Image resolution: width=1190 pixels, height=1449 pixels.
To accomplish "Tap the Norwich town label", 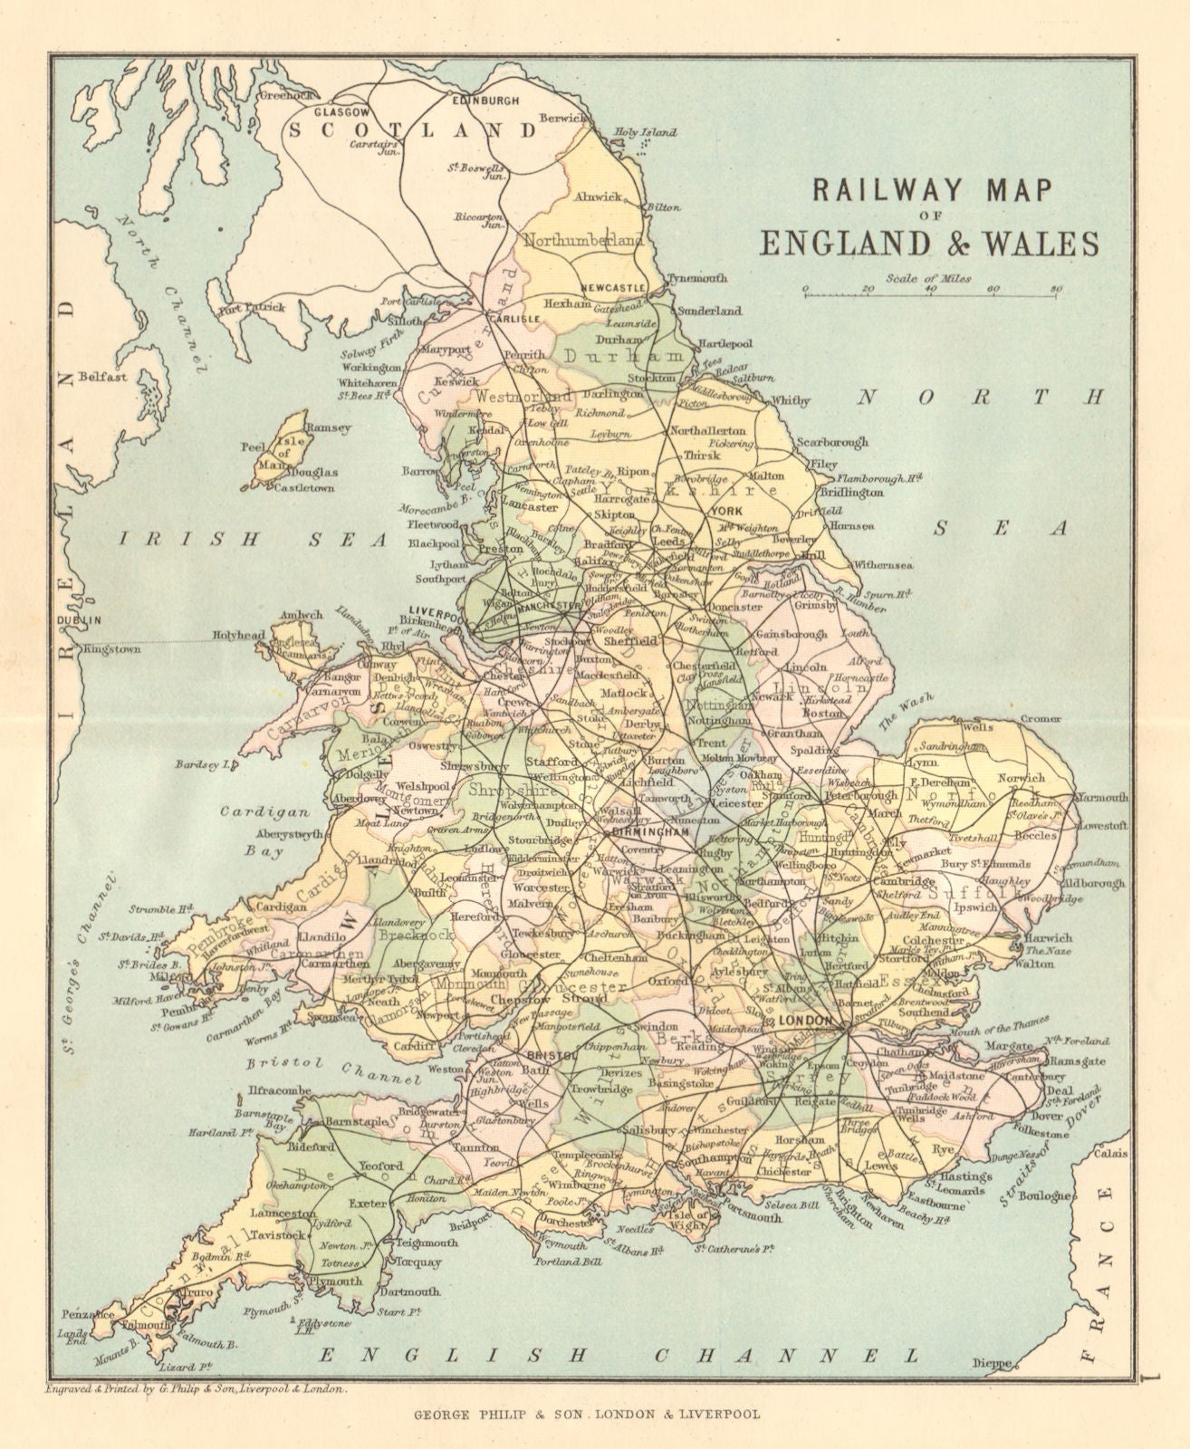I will coord(1020,778).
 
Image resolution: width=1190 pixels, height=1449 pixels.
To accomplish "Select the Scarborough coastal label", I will coord(831,443).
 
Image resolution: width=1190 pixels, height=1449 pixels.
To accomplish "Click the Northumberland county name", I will coord(582,241).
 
